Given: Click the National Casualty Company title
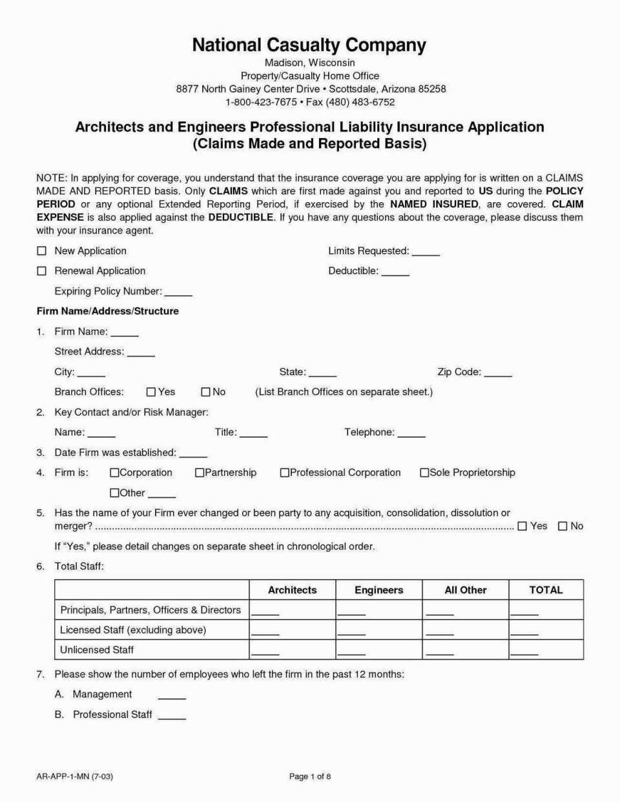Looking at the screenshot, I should point(309,45).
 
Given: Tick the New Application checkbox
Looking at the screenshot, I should point(42,251).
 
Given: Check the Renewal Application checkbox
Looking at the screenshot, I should point(42,271).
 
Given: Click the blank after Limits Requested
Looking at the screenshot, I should point(426,252).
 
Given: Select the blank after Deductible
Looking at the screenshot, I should point(395,272).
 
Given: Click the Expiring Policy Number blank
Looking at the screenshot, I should point(178,292).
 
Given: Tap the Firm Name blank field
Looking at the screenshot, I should point(125,333).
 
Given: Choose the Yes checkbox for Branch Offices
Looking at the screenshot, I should point(151,392).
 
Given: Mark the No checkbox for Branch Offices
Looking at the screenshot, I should point(205,392).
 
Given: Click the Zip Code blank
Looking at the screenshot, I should point(498,373).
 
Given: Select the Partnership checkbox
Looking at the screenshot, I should point(200,473).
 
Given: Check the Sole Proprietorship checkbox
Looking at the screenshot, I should point(424,473).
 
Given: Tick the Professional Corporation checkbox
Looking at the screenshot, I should point(284,473).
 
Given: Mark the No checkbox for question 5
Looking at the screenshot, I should point(563,526).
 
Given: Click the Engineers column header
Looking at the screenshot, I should point(378,590).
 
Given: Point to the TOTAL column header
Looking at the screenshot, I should point(546,590).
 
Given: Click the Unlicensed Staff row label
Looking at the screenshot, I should point(97,650).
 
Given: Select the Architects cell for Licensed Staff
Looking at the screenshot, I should point(265,631).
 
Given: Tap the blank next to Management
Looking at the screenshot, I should point(172,695).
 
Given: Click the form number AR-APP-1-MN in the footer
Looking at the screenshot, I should point(74,776).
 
